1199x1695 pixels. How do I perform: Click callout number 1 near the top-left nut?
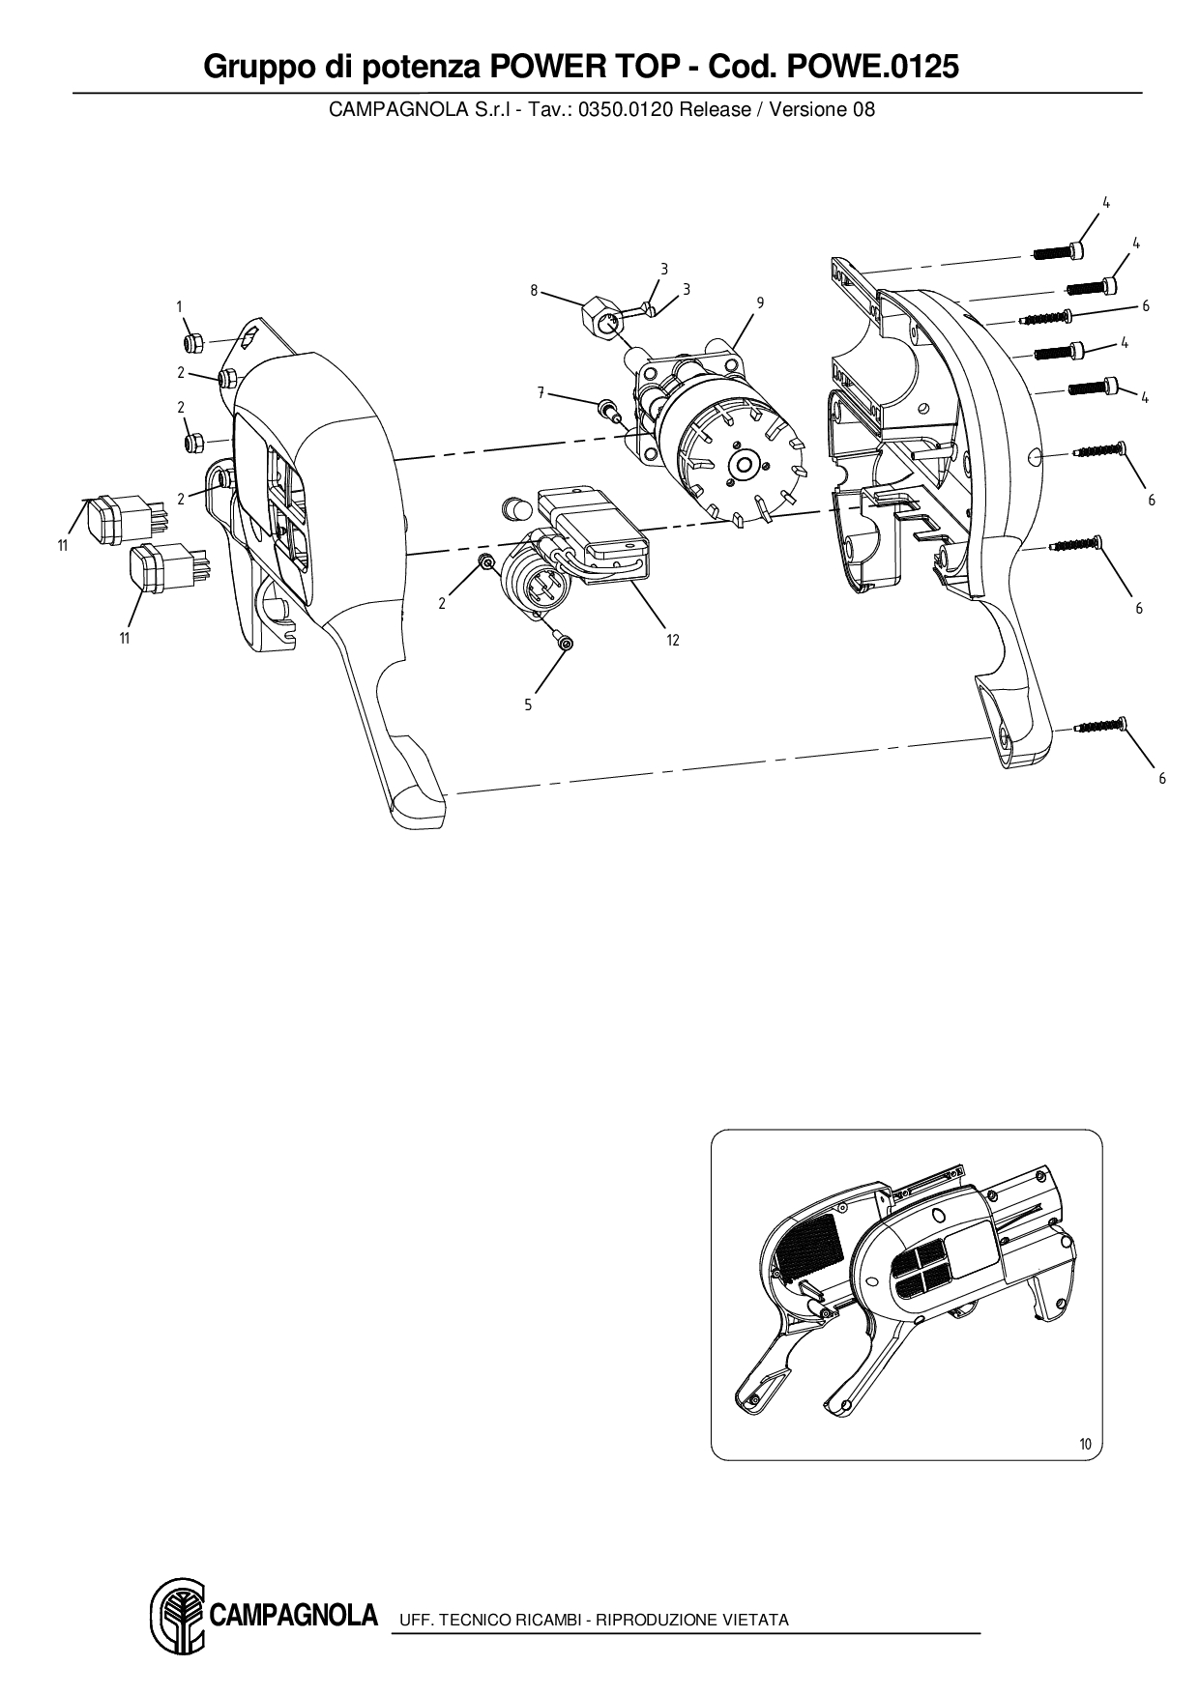(180, 306)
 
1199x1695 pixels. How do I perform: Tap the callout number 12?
(673, 640)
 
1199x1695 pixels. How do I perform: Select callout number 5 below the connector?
(528, 705)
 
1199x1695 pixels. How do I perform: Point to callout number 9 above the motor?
(761, 302)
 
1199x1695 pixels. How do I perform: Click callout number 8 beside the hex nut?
(534, 289)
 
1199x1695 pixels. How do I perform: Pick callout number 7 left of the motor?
(541, 392)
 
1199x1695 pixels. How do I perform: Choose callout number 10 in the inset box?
(1085, 1445)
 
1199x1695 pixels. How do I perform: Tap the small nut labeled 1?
(191, 342)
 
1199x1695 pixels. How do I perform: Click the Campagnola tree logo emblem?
(177, 1616)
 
